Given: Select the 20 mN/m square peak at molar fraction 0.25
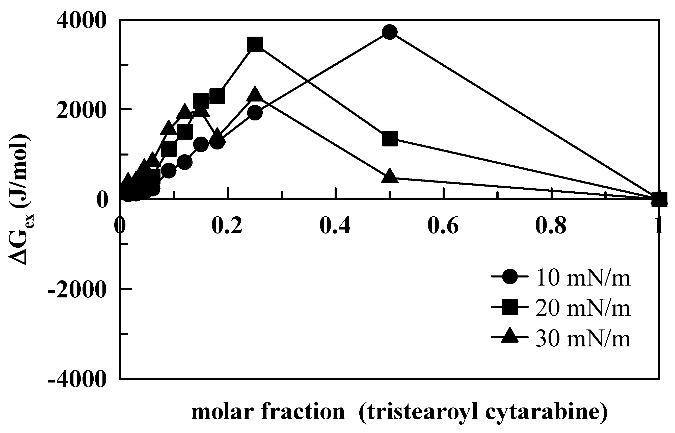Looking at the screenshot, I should click(x=255, y=44).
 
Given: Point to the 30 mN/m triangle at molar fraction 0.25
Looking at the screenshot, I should click(x=255, y=95).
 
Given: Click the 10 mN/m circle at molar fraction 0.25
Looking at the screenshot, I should click(x=255, y=113).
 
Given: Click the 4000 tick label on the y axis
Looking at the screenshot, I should click(x=82, y=20).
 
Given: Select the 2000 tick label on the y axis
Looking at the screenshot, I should click(x=82, y=110).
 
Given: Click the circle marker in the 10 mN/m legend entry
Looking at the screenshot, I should click(x=509, y=277).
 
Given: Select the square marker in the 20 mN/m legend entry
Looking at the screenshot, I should click(x=509, y=307).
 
